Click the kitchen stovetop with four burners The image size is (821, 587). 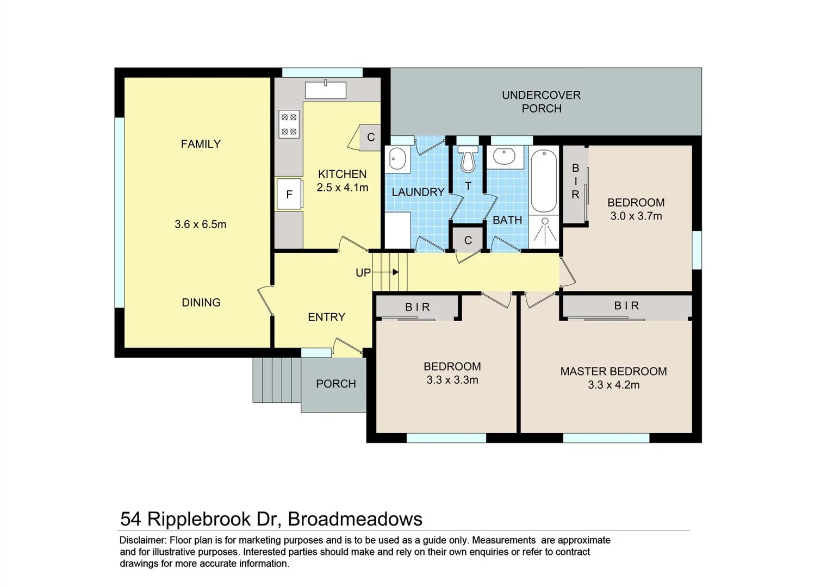click(x=289, y=124)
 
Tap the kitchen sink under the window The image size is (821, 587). click(x=325, y=90)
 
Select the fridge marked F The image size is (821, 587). click(x=289, y=194)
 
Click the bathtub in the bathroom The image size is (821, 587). click(x=544, y=181)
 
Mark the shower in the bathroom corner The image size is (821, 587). click(x=544, y=232)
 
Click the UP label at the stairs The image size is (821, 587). click(x=363, y=273)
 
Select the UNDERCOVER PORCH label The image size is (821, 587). click(x=541, y=102)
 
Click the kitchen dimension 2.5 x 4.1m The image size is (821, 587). click(x=343, y=188)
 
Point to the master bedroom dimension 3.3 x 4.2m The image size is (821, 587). click(x=613, y=385)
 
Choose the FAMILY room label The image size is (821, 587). click(x=201, y=144)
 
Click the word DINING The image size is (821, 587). click(x=201, y=303)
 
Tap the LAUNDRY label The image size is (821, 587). click(x=418, y=192)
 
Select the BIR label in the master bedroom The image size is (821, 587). click(x=626, y=306)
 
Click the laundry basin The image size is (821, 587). click(x=398, y=159)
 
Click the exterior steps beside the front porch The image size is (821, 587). click(x=276, y=380)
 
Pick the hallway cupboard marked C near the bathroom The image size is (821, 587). click(x=468, y=240)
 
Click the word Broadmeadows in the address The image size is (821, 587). click(x=354, y=519)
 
